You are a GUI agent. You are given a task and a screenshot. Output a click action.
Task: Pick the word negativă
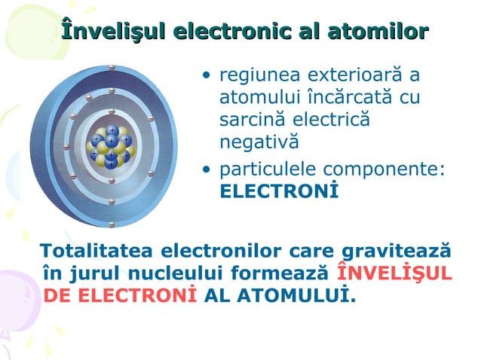(x=259, y=142)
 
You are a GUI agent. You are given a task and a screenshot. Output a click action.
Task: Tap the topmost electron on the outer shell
(x=111, y=68)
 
